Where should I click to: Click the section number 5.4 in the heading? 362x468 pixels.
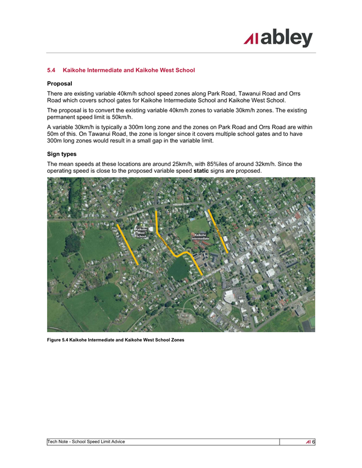52,71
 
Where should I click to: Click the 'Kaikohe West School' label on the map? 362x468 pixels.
141,233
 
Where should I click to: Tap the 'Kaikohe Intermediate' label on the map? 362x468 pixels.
200,237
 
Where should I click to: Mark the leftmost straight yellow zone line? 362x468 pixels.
128,244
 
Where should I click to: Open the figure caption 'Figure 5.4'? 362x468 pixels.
115,339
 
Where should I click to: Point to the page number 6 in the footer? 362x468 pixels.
314,442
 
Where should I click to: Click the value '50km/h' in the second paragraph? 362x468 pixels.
120,117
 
